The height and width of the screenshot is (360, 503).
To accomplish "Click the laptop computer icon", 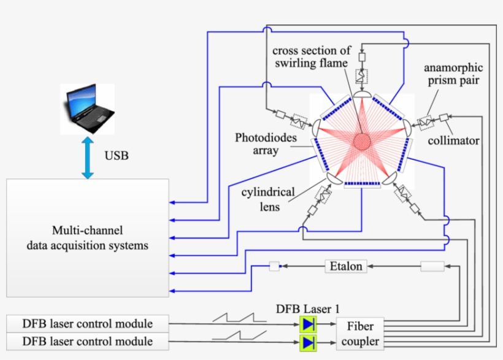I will pos(87,109).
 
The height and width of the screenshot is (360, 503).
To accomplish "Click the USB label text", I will pos(117,156).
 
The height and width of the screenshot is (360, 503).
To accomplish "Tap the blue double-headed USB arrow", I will pos(88,158).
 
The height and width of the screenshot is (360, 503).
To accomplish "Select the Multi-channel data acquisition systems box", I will pos(88,238).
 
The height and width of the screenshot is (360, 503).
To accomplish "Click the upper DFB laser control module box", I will pos(88,323).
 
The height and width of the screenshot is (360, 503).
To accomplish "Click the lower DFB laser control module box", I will pos(88,340).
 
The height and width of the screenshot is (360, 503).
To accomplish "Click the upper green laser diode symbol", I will pos(307,324).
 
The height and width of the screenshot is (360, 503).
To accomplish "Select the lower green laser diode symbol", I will pos(307,342).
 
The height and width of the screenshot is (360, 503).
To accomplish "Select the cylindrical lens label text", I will pos(269,199).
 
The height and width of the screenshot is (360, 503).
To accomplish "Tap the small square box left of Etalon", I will pos(274,266).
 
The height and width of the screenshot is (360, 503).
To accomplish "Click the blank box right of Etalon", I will pos(432,266).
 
